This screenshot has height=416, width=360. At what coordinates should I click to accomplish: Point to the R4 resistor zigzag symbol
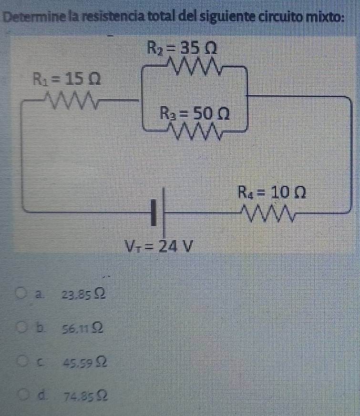(x=268, y=213)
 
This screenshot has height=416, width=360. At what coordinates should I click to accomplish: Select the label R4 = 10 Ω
(x=272, y=193)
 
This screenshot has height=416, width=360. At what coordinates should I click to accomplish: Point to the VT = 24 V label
(x=158, y=245)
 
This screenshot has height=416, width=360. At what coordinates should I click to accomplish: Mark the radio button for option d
(x=21, y=394)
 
